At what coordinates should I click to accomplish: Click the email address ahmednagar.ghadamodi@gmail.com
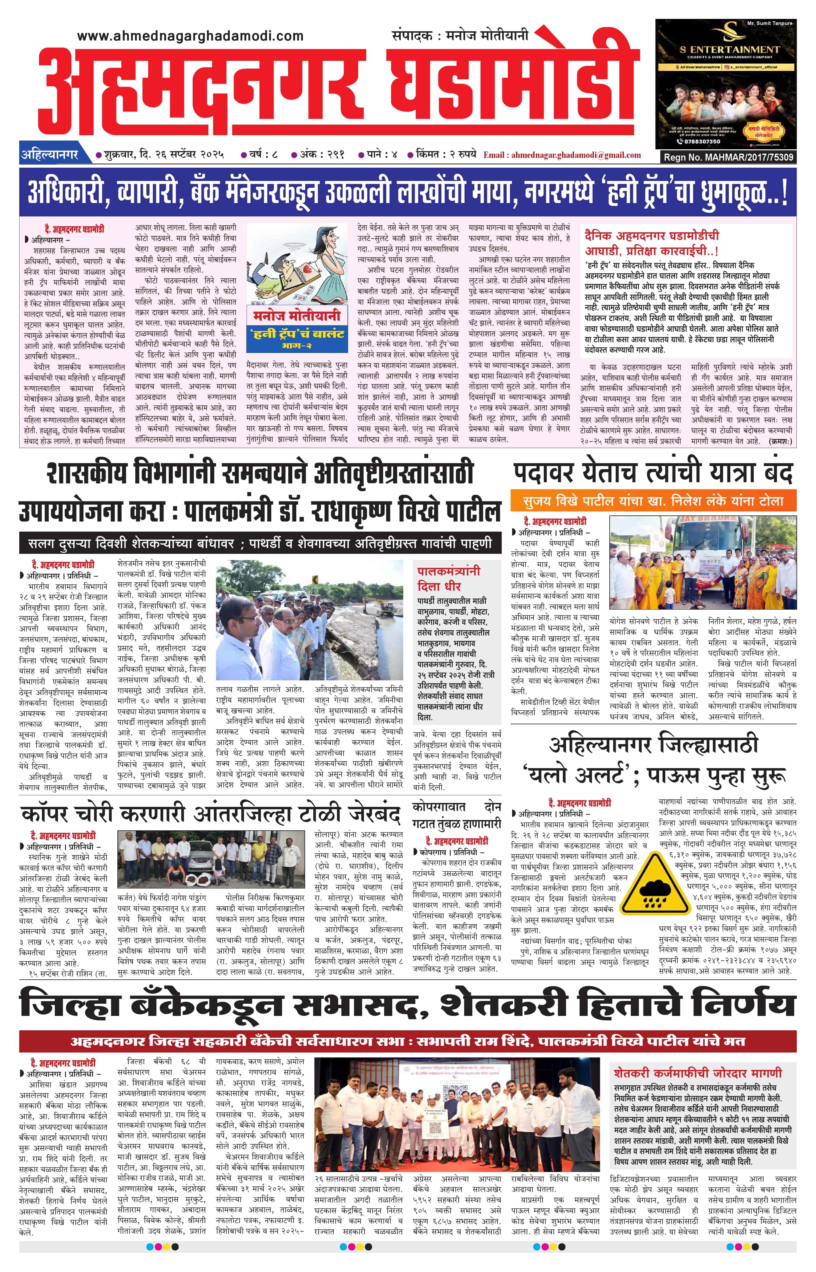pyautogui.click(x=562, y=155)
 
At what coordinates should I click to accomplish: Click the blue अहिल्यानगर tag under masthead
pyautogui.click(x=50, y=155)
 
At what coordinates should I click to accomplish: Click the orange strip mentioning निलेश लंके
pyautogui.click(x=653, y=501)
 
